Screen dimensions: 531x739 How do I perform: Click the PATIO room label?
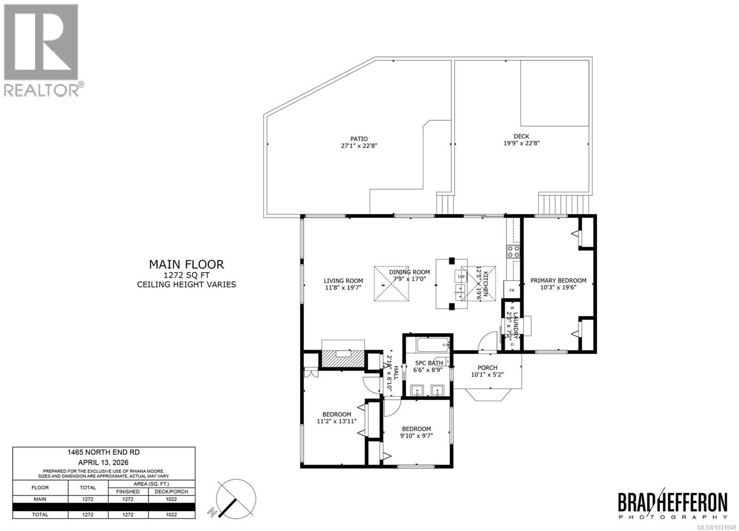[x=359, y=139]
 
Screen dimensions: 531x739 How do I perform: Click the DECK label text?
[x=521, y=136]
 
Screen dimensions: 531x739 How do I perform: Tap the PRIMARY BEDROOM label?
[x=558, y=281]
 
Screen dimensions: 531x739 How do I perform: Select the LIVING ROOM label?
[x=343, y=281]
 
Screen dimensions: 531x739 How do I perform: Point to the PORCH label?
[x=487, y=368]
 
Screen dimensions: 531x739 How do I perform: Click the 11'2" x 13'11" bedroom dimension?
[x=337, y=421]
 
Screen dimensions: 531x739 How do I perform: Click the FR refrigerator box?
[x=512, y=290]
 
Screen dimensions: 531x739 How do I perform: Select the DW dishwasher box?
[x=461, y=276]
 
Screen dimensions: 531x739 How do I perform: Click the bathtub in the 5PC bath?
[x=433, y=344]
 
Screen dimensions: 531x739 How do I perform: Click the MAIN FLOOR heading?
[x=186, y=264]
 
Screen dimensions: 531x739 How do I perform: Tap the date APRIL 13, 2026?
[x=103, y=462]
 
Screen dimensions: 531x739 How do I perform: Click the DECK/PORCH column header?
[x=171, y=491]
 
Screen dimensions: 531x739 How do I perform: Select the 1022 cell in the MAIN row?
[x=171, y=499]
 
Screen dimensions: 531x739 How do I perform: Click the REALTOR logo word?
[x=42, y=90]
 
